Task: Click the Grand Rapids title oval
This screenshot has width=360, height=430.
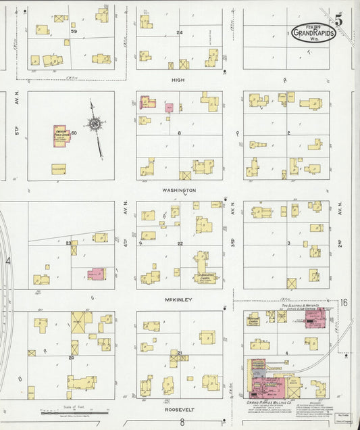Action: coord(314,33)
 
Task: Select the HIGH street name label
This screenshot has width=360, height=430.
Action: coord(178,79)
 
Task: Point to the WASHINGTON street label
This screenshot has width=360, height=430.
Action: coord(178,191)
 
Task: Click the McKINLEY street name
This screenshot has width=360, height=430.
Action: coord(178,300)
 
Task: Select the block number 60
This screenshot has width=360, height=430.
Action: coord(74,133)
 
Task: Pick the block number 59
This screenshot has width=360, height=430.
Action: coord(74,32)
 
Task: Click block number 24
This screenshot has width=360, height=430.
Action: coord(179,32)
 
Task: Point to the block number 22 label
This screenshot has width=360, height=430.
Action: coord(180,243)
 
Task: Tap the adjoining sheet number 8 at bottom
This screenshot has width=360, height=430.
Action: coord(181,423)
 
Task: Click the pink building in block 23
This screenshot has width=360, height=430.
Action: coord(97,274)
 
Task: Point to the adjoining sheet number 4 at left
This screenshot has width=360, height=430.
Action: coord(8,260)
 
